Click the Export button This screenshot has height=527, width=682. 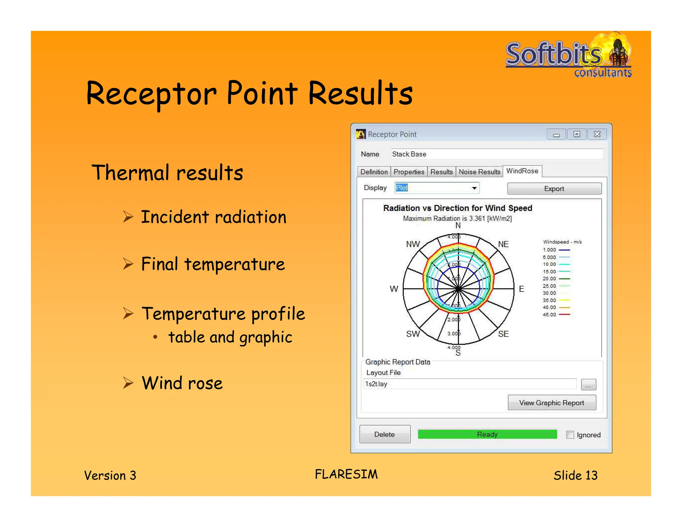554,189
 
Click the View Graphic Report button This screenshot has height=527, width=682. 551,403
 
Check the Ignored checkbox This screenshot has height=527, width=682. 570,435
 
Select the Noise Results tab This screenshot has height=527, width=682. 479,172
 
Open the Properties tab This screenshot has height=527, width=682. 409,172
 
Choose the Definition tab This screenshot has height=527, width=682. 374,172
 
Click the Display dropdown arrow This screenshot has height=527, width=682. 474,188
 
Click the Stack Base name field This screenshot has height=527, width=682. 496,154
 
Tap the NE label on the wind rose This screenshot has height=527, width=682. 503,244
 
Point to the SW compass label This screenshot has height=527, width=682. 413,334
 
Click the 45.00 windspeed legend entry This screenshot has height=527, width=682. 556,314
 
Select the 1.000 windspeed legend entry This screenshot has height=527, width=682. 556,250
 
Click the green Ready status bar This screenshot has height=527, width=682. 487,434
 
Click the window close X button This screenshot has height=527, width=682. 597,134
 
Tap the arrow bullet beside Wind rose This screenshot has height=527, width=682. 128,383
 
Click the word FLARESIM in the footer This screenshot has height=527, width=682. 346,474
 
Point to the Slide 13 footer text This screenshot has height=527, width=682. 575,475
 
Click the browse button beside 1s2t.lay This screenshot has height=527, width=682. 588,384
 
